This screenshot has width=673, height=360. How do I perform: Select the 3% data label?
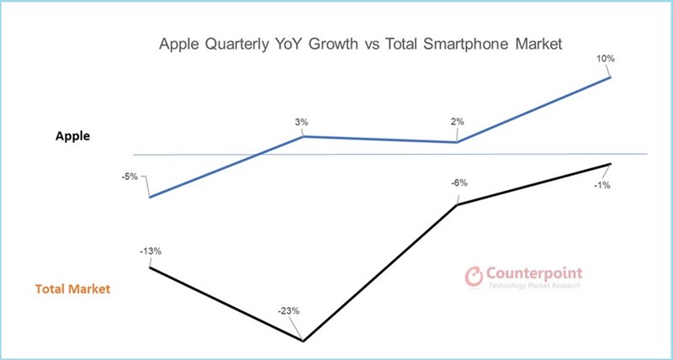point(301,122)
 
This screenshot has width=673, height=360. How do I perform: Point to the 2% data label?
point(458,122)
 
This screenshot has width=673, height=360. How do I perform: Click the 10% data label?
point(607,59)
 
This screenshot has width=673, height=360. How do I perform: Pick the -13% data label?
point(151,250)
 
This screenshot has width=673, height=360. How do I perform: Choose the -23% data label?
point(289,310)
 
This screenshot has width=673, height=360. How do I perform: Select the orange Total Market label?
point(73,289)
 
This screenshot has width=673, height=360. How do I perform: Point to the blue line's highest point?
point(610,78)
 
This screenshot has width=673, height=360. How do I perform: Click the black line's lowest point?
point(303,341)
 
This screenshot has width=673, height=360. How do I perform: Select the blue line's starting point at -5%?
point(149,197)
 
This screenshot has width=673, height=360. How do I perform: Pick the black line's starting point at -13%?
point(150,267)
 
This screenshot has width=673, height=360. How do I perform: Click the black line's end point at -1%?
point(610,164)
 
